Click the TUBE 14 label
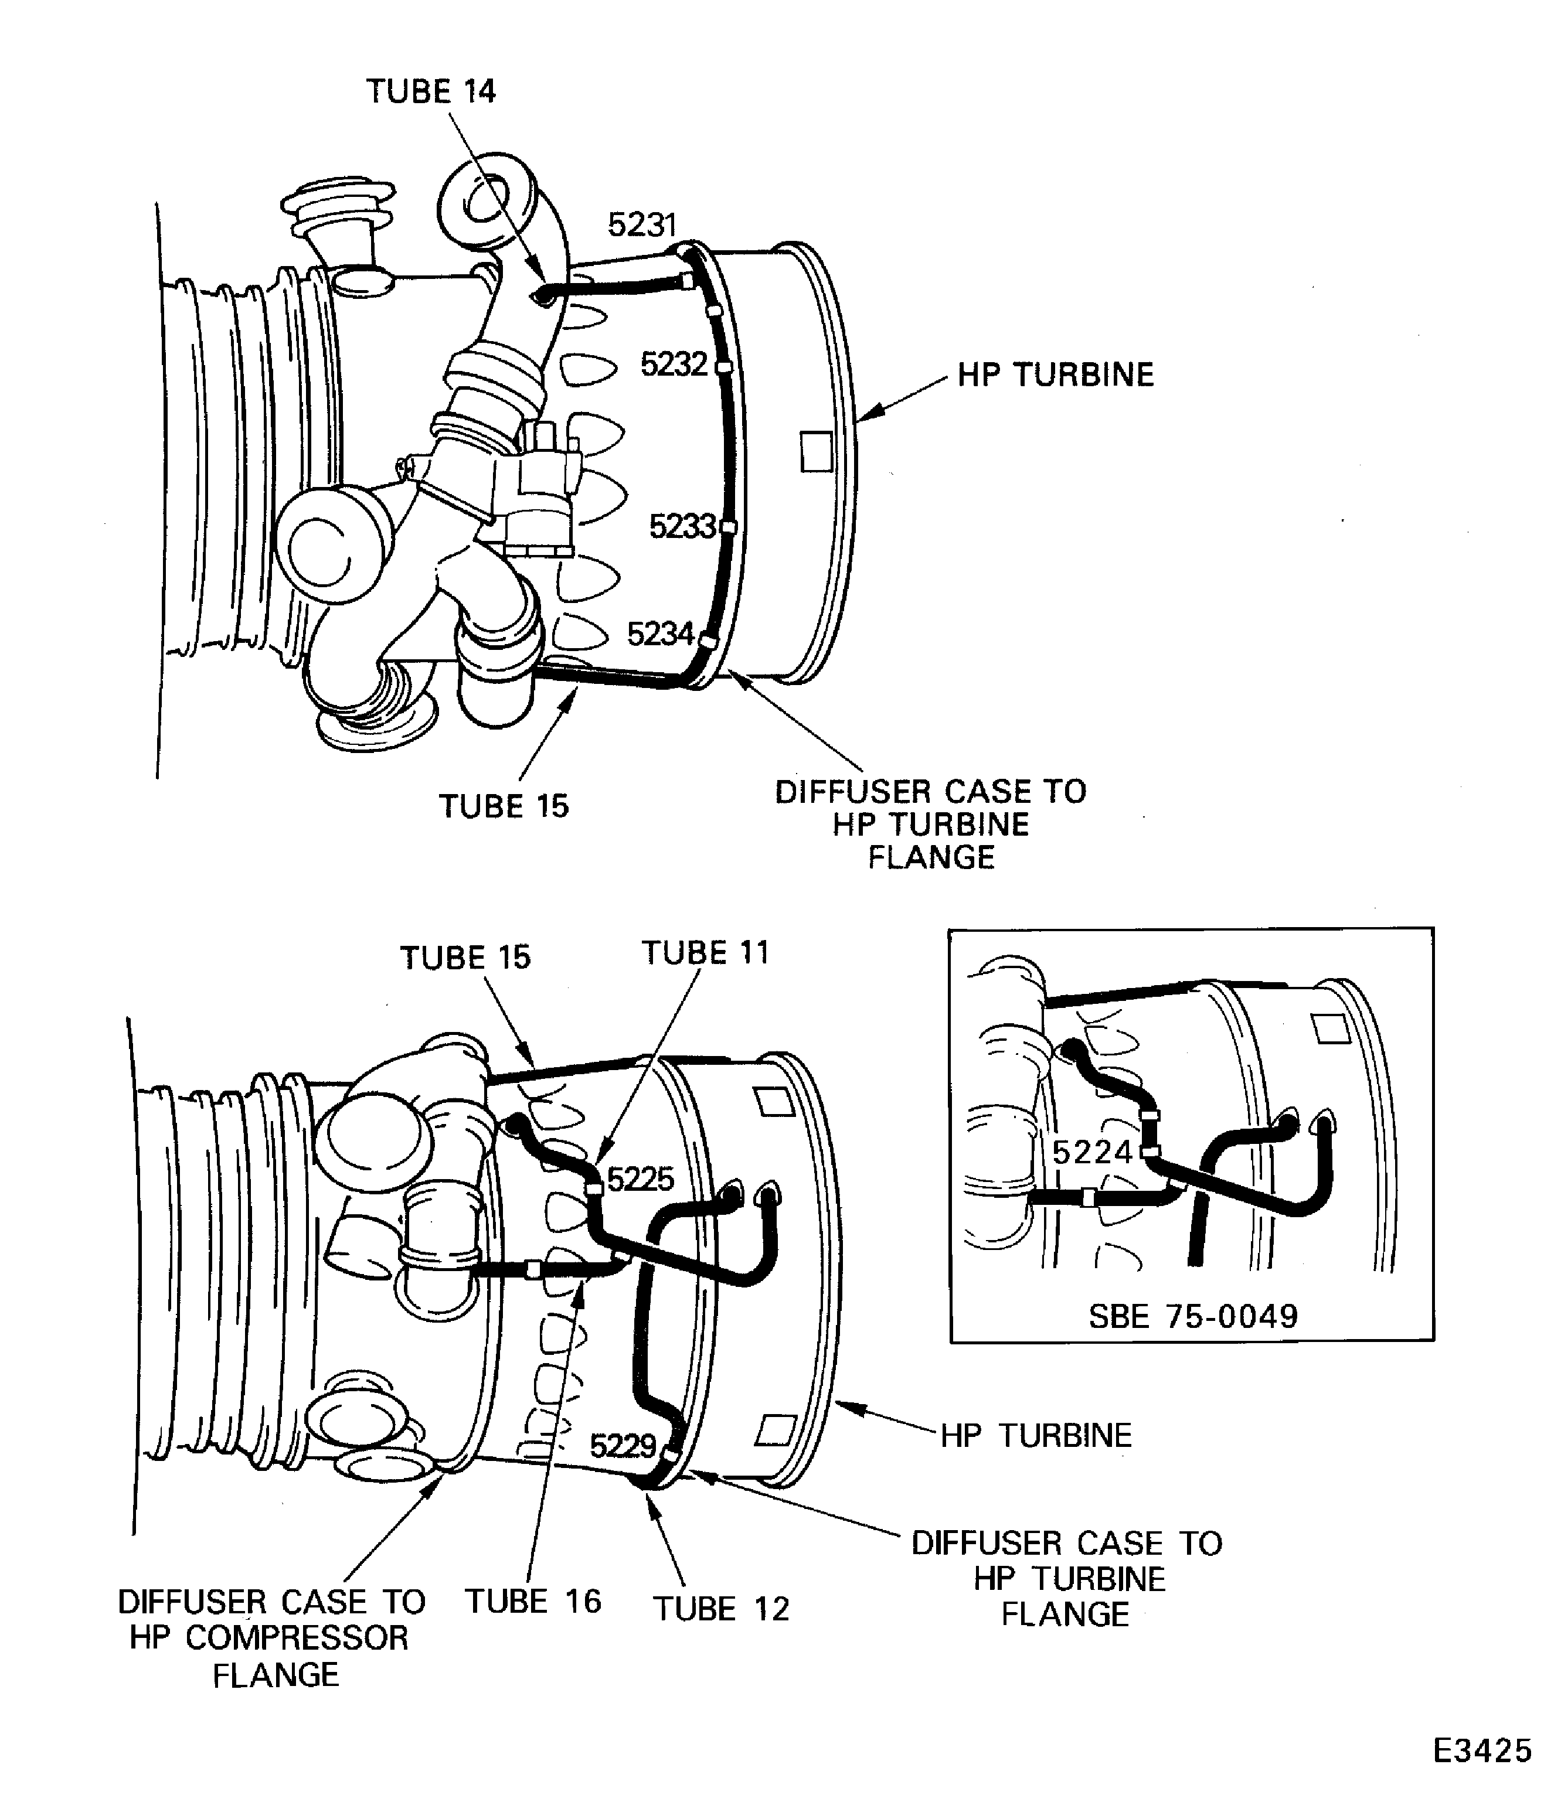430,91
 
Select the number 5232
674,364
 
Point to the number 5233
683,526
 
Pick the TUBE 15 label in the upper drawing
504,806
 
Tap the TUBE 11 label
706,953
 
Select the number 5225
640,1179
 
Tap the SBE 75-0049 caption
1193,1316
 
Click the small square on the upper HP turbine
816,451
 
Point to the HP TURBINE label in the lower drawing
1036,1435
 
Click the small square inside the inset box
1330,1028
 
